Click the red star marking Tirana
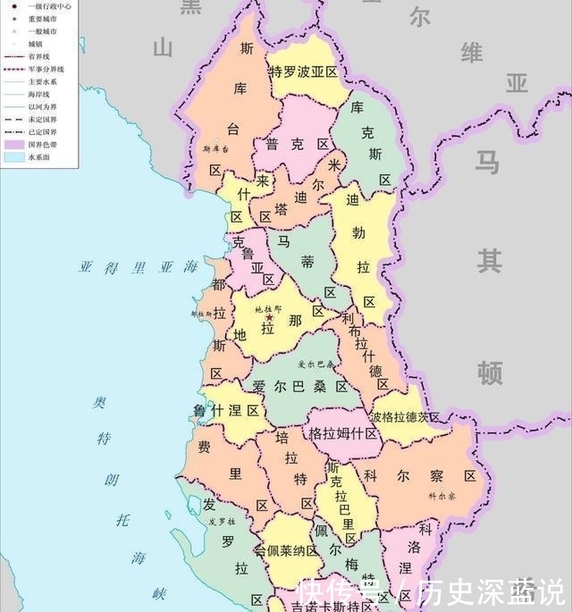pos(269,318)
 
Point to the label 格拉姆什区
pos(342,433)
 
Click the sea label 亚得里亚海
pos(139,266)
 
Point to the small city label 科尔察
pos(442,495)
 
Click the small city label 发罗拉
pos(222,521)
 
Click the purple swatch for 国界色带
pos(12,143)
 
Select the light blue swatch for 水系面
pos(12,156)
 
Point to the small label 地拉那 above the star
pos(268,308)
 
